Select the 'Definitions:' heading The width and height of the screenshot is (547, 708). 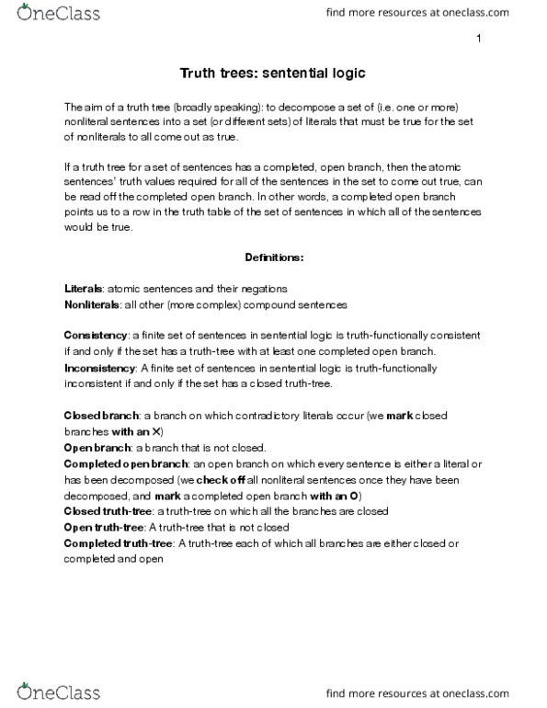(273, 255)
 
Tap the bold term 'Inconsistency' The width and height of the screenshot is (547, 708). (101, 368)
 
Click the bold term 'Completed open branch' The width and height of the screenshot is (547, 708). (124, 463)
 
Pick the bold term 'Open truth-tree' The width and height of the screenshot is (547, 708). (105, 526)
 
